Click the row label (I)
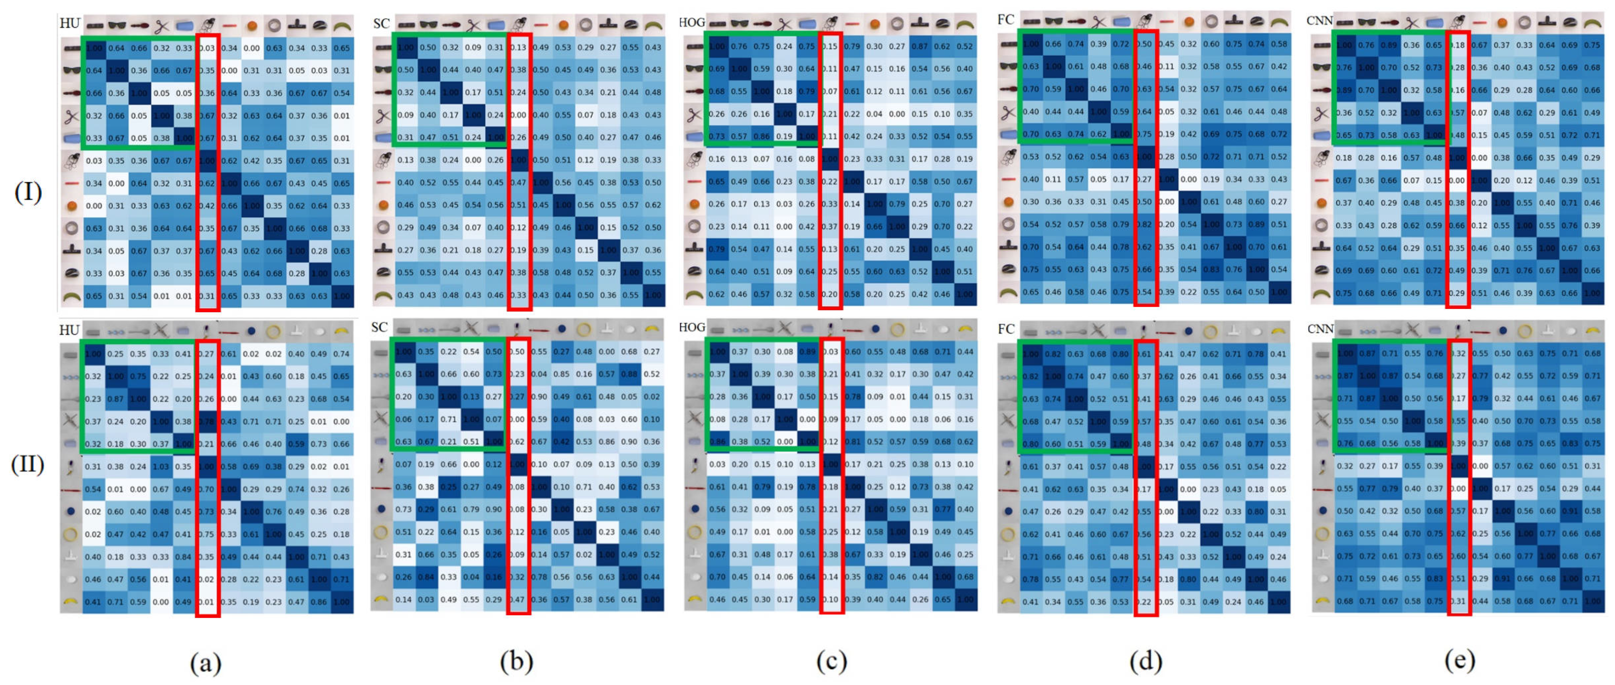[x=28, y=192]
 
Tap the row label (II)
[x=28, y=465]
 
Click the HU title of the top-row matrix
[x=69, y=23]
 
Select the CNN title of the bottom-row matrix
[x=1320, y=328]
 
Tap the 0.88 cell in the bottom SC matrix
[x=629, y=375]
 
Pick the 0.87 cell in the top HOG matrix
[x=920, y=47]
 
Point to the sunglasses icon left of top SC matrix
[x=383, y=69]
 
